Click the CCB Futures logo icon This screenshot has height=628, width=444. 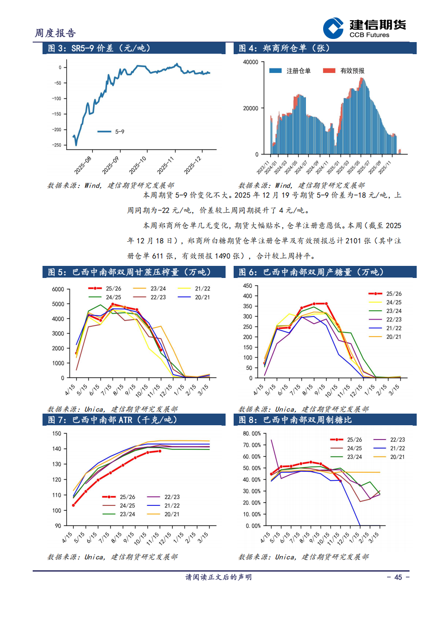pyautogui.click(x=333, y=28)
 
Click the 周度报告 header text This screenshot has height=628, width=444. pyautogui.click(x=55, y=33)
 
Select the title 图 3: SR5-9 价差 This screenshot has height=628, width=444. pyautogui.click(x=99, y=48)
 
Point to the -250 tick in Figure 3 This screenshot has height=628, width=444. pyautogui.click(x=57, y=145)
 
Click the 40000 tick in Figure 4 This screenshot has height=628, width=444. pyautogui.click(x=251, y=62)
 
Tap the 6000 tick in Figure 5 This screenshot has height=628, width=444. pyautogui.click(x=58, y=289)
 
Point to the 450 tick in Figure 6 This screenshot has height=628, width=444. pyautogui.click(x=248, y=286)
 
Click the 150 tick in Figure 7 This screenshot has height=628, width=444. pyautogui.click(x=57, y=433)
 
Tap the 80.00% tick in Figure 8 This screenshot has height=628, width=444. pyautogui.click(x=252, y=434)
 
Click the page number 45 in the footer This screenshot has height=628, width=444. pyautogui.click(x=398, y=577)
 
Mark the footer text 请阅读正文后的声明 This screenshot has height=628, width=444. pyautogui.click(x=218, y=577)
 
